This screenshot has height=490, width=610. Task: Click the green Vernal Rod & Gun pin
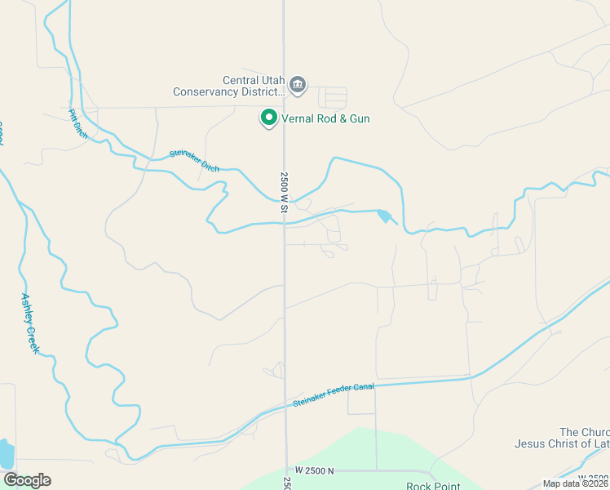[268, 118]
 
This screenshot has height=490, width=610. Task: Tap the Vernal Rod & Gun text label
[325, 119]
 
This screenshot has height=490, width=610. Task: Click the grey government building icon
[298, 84]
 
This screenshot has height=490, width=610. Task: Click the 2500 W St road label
[285, 194]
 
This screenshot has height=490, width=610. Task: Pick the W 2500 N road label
[315, 471]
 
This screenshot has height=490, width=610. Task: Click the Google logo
[27, 480]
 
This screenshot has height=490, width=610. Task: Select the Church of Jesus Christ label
[562, 438]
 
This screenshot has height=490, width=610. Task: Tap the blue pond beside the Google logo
[6, 454]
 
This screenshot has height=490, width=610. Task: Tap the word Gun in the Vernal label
[360, 119]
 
